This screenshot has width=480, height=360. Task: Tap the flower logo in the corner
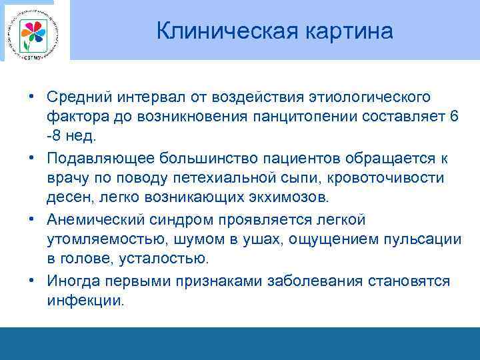[33, 31]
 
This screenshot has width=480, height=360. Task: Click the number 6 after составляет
[454, 117]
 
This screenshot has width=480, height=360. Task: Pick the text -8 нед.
[71, 136]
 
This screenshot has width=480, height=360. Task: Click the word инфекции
[85, 300]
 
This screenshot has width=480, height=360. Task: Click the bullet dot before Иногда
[31, 281]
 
